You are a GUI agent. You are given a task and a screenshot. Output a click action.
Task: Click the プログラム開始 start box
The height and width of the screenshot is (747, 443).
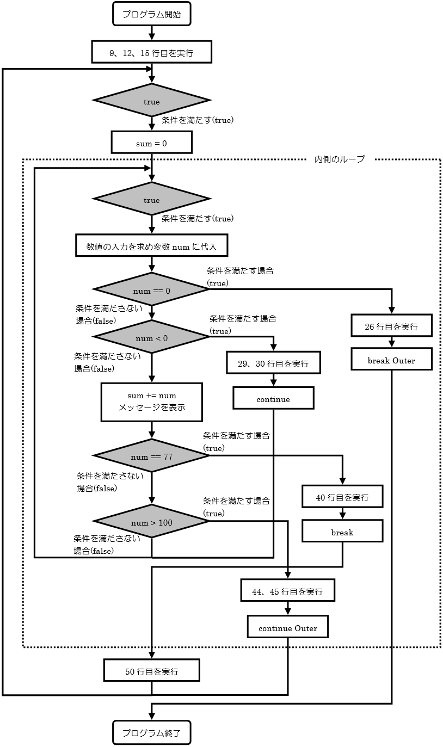click(152, 14)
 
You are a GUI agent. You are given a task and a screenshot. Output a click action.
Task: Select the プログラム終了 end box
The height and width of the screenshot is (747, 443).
click(152, 733)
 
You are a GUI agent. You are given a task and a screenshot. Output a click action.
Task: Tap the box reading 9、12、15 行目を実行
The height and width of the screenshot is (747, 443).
click(152, 53)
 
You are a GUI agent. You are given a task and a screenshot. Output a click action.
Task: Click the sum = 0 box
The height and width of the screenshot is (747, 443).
click(152, 143)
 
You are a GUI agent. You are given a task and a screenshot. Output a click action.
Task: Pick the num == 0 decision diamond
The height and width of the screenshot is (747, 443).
click(152, 291)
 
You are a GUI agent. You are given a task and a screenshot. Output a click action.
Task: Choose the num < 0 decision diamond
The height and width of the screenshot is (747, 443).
click(152, 338)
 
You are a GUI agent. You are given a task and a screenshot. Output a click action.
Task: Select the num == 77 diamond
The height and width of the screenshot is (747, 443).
click(152, 456)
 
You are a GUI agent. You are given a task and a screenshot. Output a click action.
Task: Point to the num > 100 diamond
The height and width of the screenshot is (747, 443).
click(152, 522)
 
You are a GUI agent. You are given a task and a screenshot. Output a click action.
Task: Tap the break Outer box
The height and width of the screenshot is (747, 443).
click(391, 360)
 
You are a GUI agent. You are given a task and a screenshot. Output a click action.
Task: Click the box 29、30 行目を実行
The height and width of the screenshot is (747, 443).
click(273, 363)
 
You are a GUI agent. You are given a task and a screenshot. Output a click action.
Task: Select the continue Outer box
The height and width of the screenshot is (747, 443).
click(288, 628)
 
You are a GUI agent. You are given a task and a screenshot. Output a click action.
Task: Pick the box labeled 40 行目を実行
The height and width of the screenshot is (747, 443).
click(342, 497)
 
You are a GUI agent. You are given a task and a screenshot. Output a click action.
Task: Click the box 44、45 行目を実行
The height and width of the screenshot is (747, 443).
click(288, 591)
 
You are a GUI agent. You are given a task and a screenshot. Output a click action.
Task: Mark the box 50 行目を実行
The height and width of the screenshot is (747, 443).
click(152, 671)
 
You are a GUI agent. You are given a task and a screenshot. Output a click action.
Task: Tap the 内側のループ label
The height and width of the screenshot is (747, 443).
click(340, 159)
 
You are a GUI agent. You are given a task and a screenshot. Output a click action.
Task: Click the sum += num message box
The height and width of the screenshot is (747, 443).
click(152, 402)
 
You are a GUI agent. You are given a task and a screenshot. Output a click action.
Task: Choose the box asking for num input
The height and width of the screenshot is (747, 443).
click(152, 246)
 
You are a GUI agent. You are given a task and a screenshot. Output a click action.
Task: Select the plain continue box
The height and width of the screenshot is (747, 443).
click(273, 399)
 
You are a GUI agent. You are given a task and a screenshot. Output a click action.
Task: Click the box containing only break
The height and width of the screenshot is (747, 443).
click(342, 532)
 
